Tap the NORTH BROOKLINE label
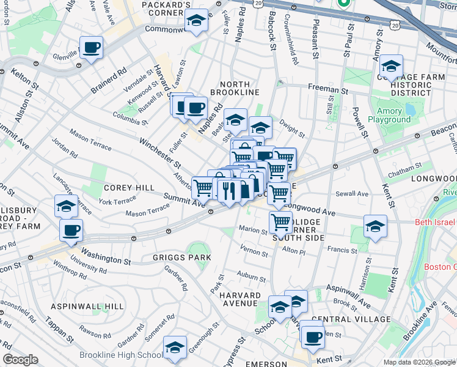coord(235,88)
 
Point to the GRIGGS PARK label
coord(182,258)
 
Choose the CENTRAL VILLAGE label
coord(350,319)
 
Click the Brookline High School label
coord(120,355)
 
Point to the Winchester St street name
coord(160,153)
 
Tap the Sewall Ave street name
coord(353,194)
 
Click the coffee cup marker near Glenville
coord(91,48)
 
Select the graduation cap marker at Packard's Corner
coord(197,22)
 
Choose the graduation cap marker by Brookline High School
coord(175,348)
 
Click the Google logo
coord(20,360)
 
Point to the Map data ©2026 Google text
coord(421,362)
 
